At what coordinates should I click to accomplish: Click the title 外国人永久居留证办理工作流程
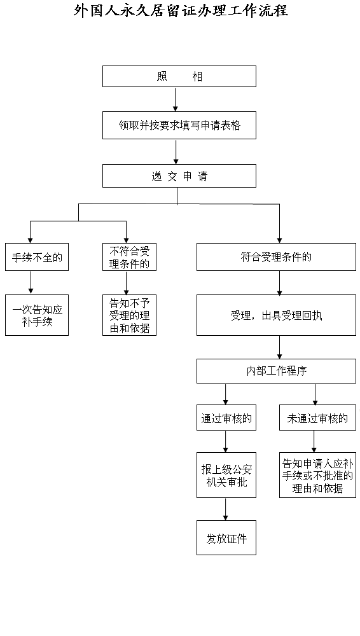point(181,10)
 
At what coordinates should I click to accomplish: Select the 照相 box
point(179,76)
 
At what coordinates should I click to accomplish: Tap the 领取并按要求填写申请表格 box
point(179,125)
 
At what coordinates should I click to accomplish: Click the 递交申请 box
point(179,176)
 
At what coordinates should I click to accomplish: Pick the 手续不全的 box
point(37,257)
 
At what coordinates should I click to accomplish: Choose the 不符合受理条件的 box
point(130,257)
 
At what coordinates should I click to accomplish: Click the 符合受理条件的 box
point(277,257)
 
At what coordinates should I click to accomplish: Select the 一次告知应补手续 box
point(37,315)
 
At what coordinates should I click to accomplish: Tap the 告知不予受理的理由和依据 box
point(130,315)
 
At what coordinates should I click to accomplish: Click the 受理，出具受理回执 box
point(277,315)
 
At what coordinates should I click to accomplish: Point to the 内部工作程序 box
point(277,371)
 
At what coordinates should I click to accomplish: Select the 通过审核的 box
point(226,417)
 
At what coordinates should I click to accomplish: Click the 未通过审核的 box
point(318,417)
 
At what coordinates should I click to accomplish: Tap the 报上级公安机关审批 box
point(226,475)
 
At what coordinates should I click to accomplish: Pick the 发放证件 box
point(226,538)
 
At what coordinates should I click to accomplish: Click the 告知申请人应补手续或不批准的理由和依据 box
point(318,475)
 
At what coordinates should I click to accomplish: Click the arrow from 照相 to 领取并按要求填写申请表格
point(176,99)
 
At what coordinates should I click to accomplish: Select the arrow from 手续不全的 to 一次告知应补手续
point(31,283)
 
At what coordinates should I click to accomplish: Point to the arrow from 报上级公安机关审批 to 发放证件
point(226,509)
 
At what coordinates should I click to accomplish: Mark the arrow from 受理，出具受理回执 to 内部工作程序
point(280,347)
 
